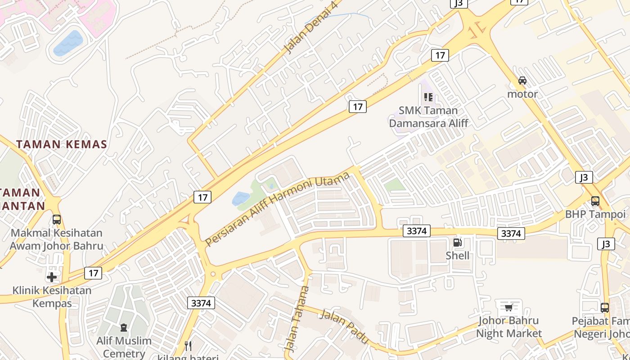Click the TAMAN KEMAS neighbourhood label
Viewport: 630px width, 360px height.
[x=62, y=144]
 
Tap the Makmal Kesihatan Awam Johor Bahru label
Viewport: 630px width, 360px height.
[x=56, y=239]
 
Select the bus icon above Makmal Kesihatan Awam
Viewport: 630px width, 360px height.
[x=57, y=220]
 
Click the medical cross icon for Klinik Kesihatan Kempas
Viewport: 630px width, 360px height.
[x=52, y=277]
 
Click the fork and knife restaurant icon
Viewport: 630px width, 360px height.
[x=189, y=346]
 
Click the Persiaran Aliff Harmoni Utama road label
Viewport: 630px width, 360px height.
[x=277, y=209]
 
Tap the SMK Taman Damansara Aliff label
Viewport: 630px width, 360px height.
[x=428, y=117]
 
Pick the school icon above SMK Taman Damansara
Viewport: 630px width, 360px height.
[x=428, y=97]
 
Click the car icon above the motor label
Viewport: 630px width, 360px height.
[x=522, y=81]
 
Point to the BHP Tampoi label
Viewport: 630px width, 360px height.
[x=595, y=214]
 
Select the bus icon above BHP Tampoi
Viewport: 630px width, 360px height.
[x=595, y=201]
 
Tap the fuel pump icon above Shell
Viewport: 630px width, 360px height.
[x=457, y=243]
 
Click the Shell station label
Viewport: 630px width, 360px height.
[x=457, y=256]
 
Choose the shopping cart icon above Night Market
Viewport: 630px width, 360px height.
[x=508, y=308]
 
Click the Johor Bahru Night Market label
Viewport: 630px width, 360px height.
[x=508, y=327]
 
